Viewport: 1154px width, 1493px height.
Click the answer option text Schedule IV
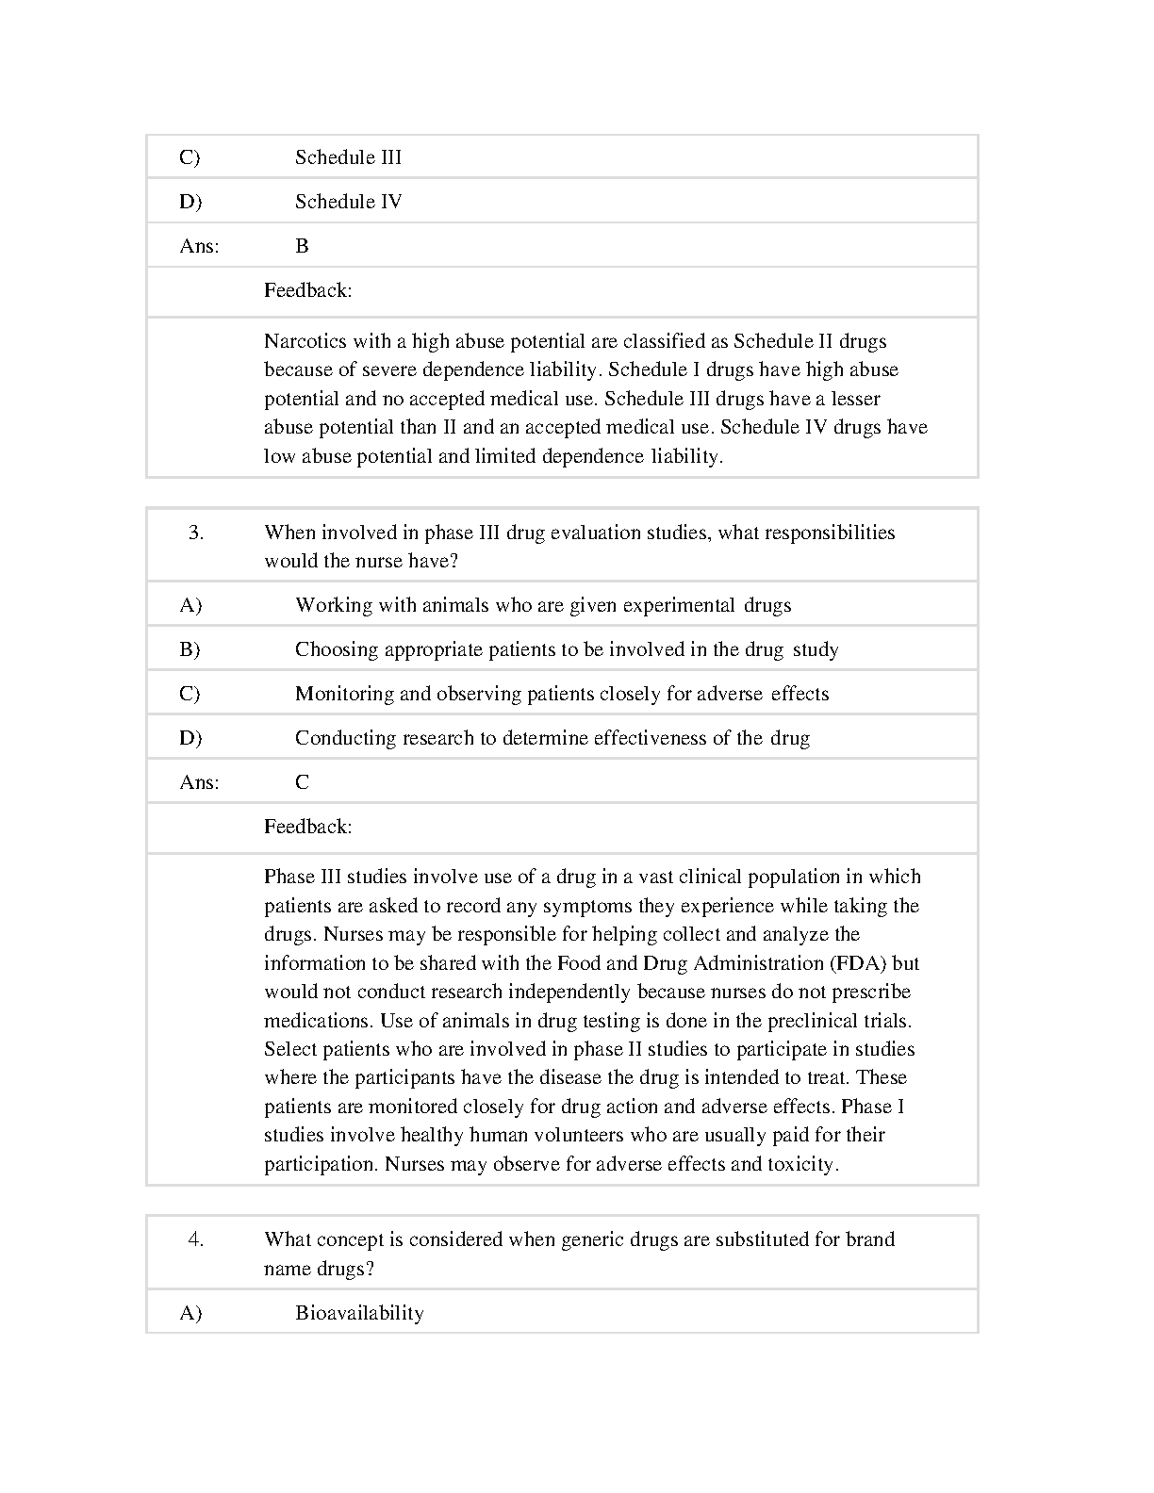(x=348, y=202)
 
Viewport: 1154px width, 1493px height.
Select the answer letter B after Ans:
(x=302, y=246)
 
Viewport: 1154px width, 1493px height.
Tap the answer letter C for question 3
(x=302, y=782)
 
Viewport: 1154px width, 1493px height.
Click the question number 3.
(x=196, y=533)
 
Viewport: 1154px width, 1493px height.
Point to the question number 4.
(x=196, y=1239)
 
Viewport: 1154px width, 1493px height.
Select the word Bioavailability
(x=359, y=1313)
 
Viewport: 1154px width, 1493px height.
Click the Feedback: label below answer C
(x=307, y=827)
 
